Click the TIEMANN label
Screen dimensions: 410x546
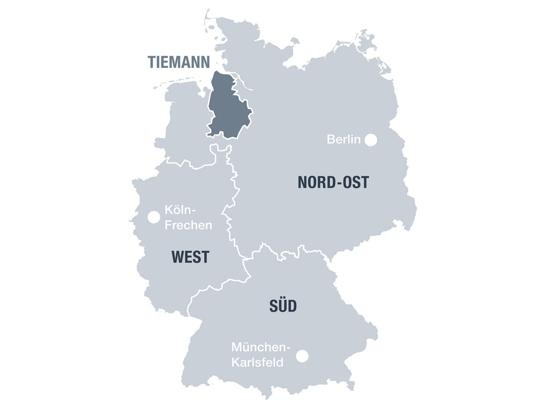[x=179, y=62]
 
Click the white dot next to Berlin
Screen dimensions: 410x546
[x=371, y=140]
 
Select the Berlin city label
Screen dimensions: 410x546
[x=343, y=139]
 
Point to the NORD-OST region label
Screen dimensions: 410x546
[x=333, y=182]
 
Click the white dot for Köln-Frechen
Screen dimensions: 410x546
[x=154, y=217]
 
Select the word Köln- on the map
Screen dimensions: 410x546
[x=180, y=211]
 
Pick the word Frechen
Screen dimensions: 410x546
[x=188, y=225]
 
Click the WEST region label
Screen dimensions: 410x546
[x=190, y=257]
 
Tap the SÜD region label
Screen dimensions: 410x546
[x=283, y=306]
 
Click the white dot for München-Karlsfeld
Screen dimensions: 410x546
[x=302, y=356]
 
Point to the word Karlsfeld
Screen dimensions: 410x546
[x=257, y=363]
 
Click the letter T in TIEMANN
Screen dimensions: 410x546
[x=152, y=62]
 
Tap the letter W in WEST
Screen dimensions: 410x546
[x=177, y=257]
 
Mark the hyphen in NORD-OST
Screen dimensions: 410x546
[x=338, y=183]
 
